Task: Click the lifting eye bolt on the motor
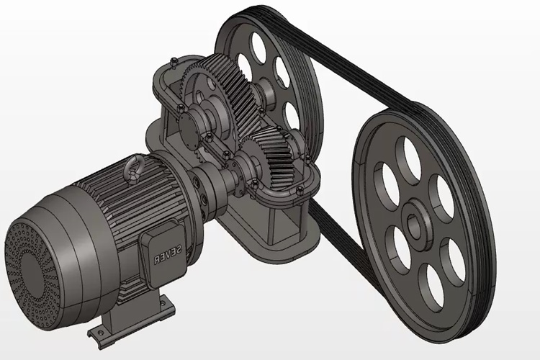tap(135, 167)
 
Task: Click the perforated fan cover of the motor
tap(30, 272)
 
